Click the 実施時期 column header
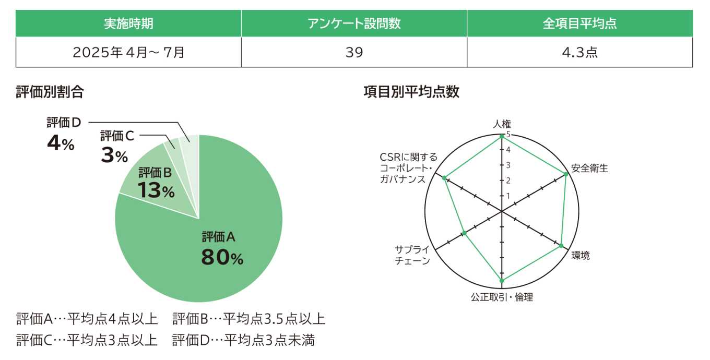(x=128, y=23)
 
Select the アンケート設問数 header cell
(x=354, y=23)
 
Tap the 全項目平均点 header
(x=579, y=23)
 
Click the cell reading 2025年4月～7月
(x=128, y=52)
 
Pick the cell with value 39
(x=354, y=52)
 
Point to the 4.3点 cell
(x=579, y=52)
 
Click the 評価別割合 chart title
(x=50, y=92)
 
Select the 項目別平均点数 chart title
(x=411, y=92)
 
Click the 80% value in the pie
(x=222, y=258)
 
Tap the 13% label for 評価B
(x=156, y=191)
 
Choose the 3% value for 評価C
(x=114, y=155)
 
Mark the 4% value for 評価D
(x=61, y=143)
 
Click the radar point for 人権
(x=502, y=136)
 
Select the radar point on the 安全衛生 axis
(x=566, y=174)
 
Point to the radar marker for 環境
(x=561, y=246)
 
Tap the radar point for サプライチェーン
(x=464, y=233)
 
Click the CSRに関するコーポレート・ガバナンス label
(x=409, y=168)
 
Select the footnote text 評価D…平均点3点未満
(x=244, y=340)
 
